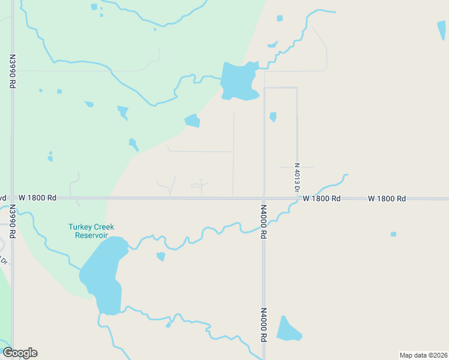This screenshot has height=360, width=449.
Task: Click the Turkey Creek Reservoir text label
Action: (91, 231)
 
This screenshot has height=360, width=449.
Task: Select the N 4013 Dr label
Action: (297, 177)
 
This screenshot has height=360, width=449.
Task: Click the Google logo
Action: (20, 353)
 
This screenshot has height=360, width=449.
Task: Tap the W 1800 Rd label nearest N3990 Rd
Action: (37, 197)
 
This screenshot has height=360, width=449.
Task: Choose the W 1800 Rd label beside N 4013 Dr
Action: (322, 198)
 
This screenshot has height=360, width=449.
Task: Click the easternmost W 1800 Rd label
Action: (387, 198)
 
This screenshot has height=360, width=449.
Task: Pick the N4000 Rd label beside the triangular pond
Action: (263, 325)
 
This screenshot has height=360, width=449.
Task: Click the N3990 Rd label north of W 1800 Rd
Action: (12, 72)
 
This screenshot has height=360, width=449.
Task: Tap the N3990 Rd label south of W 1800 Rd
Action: (12, 222)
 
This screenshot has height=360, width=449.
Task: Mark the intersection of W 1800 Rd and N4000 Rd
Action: (264, 198)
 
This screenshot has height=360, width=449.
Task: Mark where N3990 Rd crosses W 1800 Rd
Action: (12, 197)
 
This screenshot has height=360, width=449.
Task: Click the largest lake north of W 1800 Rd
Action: (239, 81)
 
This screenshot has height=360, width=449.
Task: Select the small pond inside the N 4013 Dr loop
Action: (273, 116)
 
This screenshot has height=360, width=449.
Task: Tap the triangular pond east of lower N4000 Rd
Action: (287, 329)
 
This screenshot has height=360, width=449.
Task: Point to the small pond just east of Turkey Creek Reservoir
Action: (161, 256)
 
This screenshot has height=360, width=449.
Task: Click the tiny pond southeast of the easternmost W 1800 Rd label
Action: (393, 234)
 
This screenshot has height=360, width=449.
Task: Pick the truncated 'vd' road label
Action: (3, 197)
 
